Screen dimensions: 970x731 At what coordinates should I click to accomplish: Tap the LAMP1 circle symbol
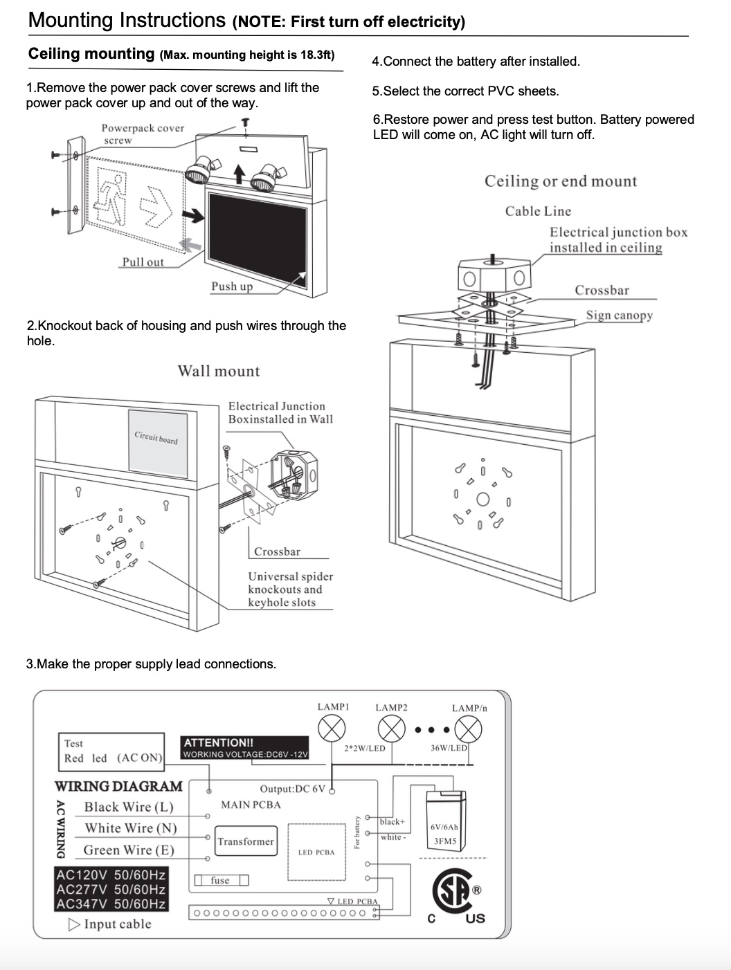[x=332, y=729]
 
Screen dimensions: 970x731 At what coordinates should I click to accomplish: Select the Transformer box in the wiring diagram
[x=246, y=841]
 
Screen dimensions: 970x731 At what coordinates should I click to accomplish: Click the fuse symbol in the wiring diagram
[x=220, y=880]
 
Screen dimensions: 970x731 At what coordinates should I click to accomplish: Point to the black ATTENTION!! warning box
[x=244, y=748]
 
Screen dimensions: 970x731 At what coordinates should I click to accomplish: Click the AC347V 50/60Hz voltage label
[x=111, y=904]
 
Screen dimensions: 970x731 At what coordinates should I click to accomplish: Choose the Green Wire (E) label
[x=129, y=850]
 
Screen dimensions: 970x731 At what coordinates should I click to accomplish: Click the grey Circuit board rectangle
[x=157, y=443]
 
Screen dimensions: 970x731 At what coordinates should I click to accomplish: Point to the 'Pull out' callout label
[x=143, y=262]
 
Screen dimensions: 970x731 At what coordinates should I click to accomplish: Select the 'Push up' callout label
[x=232, y=286]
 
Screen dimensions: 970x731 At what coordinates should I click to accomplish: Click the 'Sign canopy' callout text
[x=619, y=315]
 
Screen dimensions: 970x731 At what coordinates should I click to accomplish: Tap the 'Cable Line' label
[x=538, y=211]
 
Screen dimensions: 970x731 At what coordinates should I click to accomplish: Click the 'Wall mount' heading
[x=219, y=371]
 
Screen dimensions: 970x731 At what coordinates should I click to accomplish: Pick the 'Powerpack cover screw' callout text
[x=143, y=134]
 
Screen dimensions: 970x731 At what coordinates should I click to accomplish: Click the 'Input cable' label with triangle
[x=110, y=924]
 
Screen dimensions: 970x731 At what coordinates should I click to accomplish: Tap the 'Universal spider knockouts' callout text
[x=290, y=589]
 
